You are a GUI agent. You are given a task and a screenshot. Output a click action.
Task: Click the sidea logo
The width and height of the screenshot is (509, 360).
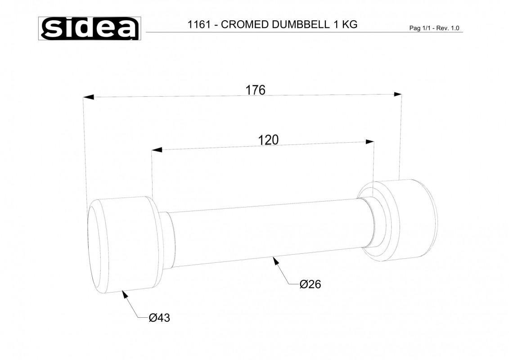pyautogui.click(x=90, y=28)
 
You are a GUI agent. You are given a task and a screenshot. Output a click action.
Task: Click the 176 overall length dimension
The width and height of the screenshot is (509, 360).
pyautogui.click(x=255, y=90)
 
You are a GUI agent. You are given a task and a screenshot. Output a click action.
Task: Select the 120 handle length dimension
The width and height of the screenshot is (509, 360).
pyautogui.click(x=268, y=140)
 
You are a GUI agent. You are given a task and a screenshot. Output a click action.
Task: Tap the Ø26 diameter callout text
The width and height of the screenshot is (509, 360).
pyautogui.click(x=311, y=284)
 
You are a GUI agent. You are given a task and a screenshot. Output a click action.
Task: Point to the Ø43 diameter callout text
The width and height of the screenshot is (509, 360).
pyautogui.click(x=159, y=318)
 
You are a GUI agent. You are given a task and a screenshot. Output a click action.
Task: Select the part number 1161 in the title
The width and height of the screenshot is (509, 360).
pyautogui.click(x=199, y=25)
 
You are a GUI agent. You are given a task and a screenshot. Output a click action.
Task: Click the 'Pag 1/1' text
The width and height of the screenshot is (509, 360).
pyautogui.click(x=420, y=28)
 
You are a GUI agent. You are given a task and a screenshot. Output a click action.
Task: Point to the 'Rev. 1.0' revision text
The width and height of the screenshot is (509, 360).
pyautogui.click(x=448, y=28)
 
